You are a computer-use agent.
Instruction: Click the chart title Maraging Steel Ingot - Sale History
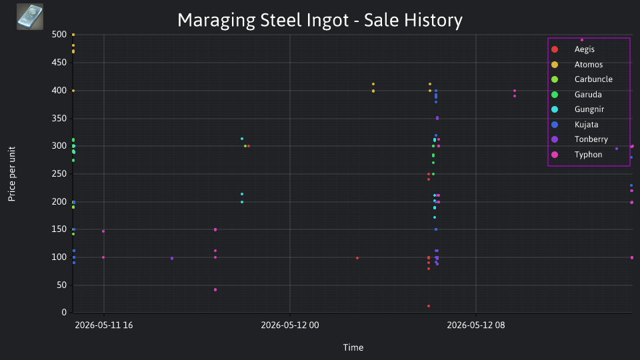320,20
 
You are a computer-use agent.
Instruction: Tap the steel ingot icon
30,17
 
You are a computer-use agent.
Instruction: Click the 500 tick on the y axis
59,34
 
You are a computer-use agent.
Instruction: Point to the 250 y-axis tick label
59,174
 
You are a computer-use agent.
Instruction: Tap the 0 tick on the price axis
64,312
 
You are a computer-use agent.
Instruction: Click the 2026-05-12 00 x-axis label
290,325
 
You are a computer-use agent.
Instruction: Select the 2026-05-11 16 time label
104,325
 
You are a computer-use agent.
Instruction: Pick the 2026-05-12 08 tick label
476,325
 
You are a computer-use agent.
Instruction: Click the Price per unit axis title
12,174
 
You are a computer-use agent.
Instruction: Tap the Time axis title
353,347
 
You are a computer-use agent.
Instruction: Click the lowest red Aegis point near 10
429,306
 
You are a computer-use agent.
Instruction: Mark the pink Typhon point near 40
215,290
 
